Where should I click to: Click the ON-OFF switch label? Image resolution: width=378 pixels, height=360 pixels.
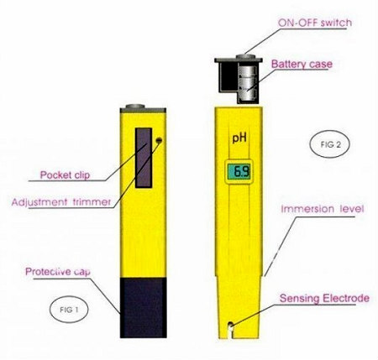click(x=315, y=23)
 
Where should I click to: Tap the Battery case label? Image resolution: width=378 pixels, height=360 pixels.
click(x=302, y=64)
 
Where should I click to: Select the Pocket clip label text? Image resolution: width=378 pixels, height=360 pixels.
click(x=65, y=175)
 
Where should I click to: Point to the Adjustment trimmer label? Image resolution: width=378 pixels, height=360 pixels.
click(x=61, y=201)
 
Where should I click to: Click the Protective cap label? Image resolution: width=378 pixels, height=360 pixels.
click(x=58, y=272)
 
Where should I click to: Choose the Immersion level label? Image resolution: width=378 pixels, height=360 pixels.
click(x=323, y=209)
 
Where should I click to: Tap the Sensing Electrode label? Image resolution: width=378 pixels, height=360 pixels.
click(x=324, y=298)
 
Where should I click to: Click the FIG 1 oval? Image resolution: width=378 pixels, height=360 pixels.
click(x=69, y=310)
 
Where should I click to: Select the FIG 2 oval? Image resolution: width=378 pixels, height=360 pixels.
click(x=330, y=144)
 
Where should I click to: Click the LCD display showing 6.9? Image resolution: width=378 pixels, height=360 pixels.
click(x=239, y=172)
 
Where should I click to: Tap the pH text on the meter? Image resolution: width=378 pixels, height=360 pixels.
click(x=239, y=138)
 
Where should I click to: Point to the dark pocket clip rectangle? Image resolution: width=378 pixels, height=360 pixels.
click(x=144, y=158)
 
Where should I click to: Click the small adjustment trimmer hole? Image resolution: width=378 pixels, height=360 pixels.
click(x=159, y=140)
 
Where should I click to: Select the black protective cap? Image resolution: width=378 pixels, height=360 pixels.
click(x=144, y=308)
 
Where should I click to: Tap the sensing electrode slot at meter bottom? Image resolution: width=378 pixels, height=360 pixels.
click(x=230, y=330)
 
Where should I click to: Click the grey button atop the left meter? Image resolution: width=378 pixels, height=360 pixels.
click(x=135, y=107)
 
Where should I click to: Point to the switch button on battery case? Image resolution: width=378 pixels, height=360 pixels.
click(x=245, y=56)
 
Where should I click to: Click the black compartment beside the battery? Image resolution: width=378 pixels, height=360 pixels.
click(x=228, y=76)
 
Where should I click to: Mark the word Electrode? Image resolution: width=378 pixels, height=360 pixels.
click(x=345, y=298)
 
